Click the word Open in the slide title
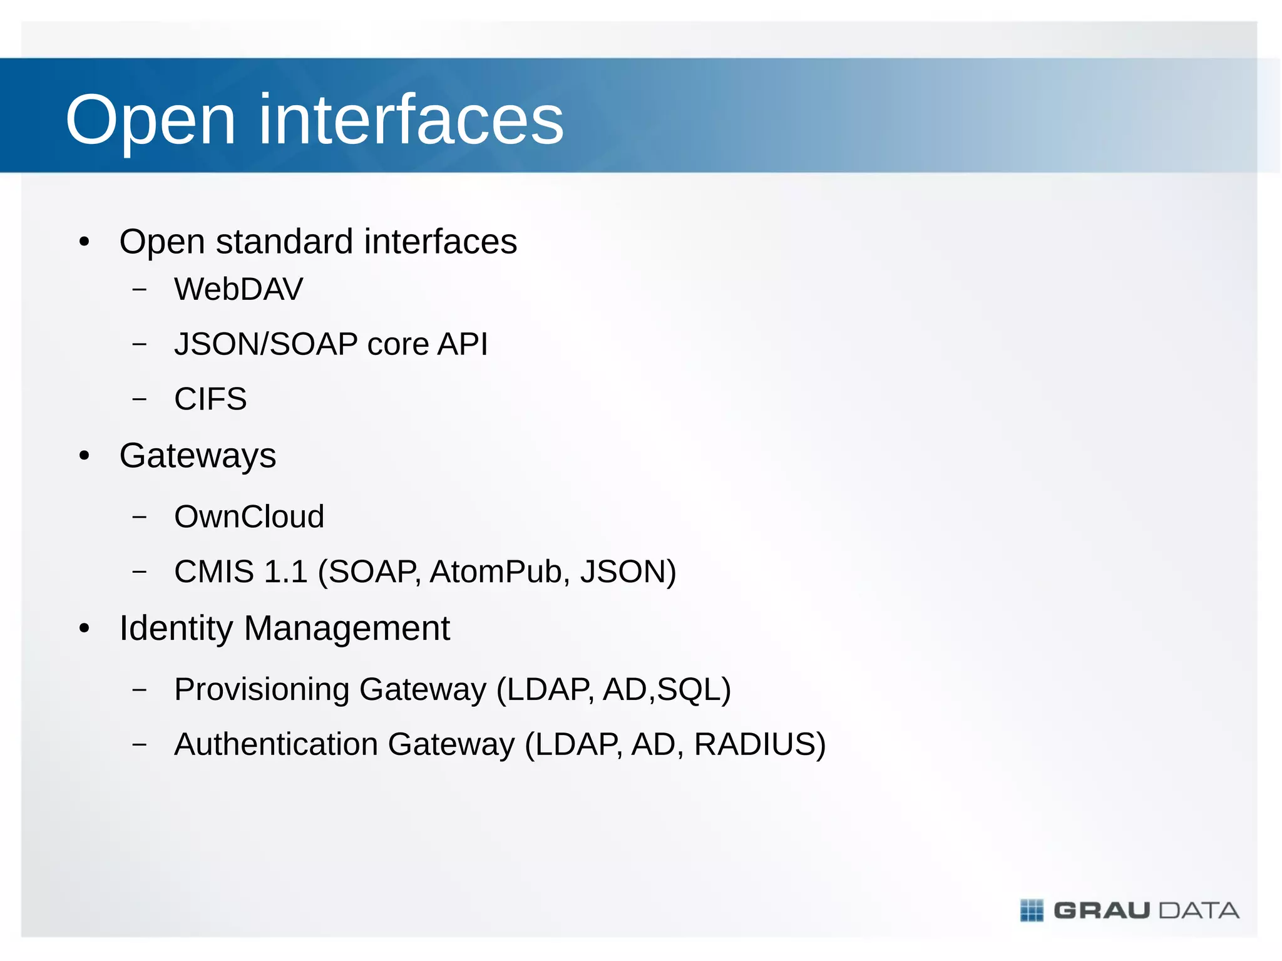(150, 120)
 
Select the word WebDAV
(238, 289)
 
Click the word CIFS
(210, 399)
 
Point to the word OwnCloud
(249, 516)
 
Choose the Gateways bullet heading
(198, 456)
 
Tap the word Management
(347, 629)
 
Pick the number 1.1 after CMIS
(285, 572)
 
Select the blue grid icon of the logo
(1032, 910)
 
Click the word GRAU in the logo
(1102, 910)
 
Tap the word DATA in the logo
(1199, 910)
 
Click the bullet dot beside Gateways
(85, 456)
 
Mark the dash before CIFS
(140, 399)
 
